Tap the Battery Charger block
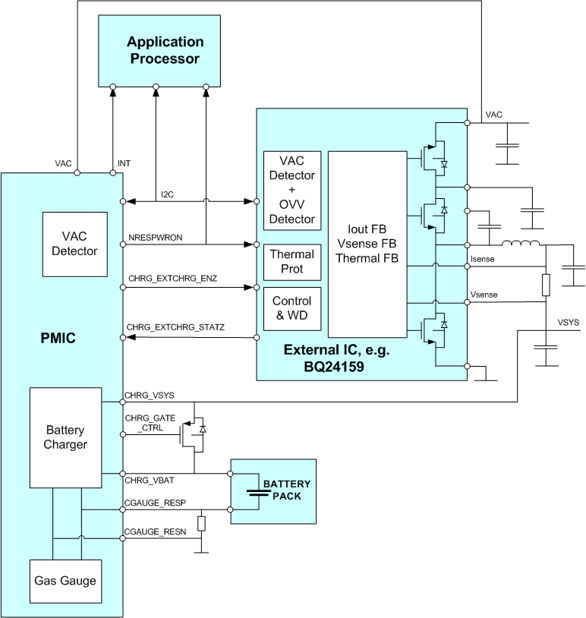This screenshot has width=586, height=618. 65,437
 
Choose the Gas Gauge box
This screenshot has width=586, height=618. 65,581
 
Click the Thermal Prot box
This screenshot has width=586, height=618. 286,262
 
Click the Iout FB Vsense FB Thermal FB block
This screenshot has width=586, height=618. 368,243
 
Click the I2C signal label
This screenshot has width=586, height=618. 168,195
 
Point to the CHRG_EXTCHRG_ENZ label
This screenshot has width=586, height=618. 173,279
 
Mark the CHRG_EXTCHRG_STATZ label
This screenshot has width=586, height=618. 175,329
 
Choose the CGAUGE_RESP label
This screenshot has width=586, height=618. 155,503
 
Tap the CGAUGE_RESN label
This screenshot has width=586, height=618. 155,531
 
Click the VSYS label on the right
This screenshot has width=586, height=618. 568,323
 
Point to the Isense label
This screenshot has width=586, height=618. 483,259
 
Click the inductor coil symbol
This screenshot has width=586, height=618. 521,244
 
